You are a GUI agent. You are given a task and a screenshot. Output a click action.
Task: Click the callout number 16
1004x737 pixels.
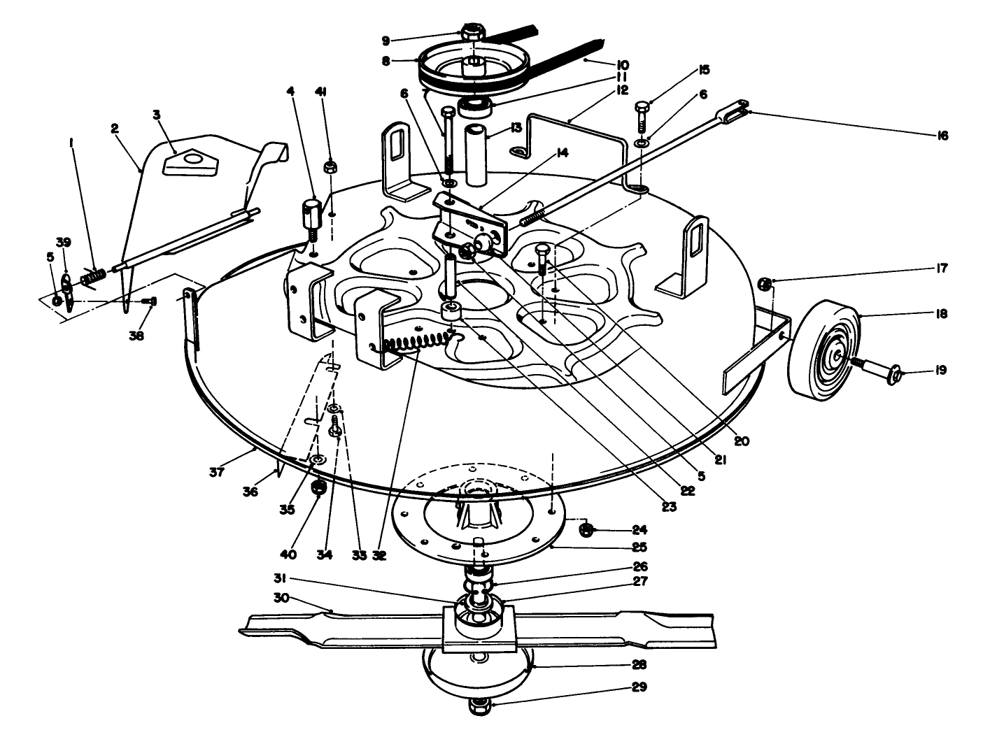point(942,135)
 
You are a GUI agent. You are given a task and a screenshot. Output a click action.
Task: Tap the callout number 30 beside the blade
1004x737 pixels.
point(282,598)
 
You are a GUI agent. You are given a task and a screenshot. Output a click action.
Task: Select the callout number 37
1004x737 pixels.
point(216,472)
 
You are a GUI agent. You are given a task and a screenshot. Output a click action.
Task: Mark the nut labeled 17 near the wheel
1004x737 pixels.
point(765,283)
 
